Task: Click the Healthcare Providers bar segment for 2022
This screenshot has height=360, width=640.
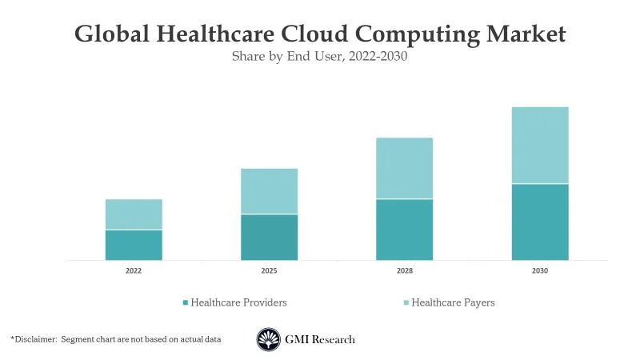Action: (x=134, y=245)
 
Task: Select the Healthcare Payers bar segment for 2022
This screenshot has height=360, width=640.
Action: (x=134, y=214)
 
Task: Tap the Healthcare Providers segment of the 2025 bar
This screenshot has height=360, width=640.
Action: (x=269, y=237)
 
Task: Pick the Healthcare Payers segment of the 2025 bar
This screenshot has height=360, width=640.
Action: (x=269, y=191)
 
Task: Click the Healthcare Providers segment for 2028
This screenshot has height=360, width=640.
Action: (x=405, y=230)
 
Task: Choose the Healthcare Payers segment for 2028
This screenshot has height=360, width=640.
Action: (x=405, y=168)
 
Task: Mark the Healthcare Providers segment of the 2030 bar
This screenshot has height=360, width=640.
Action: (x=540, y=222)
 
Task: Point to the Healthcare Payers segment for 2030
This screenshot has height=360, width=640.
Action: (x=540, y=145)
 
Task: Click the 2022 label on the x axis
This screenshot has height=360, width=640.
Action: (x=134, y=271)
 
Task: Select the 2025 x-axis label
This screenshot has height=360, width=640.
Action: (x=269, y=271)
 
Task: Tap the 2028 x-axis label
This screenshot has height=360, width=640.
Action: (x=405, y=271)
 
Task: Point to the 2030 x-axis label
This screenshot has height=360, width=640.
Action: (x=540, y=271)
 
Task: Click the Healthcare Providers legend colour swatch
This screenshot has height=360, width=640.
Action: (x=186, y=302)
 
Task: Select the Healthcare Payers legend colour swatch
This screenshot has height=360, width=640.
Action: (x=406, y=302)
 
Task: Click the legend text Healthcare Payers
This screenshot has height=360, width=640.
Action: (x=453, y=302)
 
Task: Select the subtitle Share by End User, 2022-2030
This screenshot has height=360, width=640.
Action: (x=320, y=57)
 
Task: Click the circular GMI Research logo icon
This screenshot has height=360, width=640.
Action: (x=268, y=339)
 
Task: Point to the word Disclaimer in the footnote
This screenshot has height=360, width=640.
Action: (x=37, y=339)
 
